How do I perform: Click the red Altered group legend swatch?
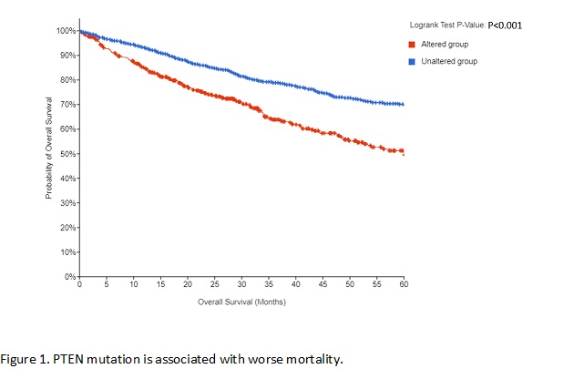413,44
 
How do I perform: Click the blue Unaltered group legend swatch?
413,61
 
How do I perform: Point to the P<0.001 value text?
505,26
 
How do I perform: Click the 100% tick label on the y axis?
67,31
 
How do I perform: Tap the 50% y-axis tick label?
68,154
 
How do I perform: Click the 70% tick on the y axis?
68,105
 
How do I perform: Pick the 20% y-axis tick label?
68,227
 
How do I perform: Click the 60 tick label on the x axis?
404,285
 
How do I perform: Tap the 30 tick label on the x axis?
241,285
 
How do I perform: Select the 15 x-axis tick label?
160,285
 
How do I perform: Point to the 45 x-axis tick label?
323,285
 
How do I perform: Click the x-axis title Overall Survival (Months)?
241,302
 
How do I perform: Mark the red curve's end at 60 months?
404,152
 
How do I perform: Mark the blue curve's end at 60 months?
404,105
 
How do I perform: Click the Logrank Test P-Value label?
447,26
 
